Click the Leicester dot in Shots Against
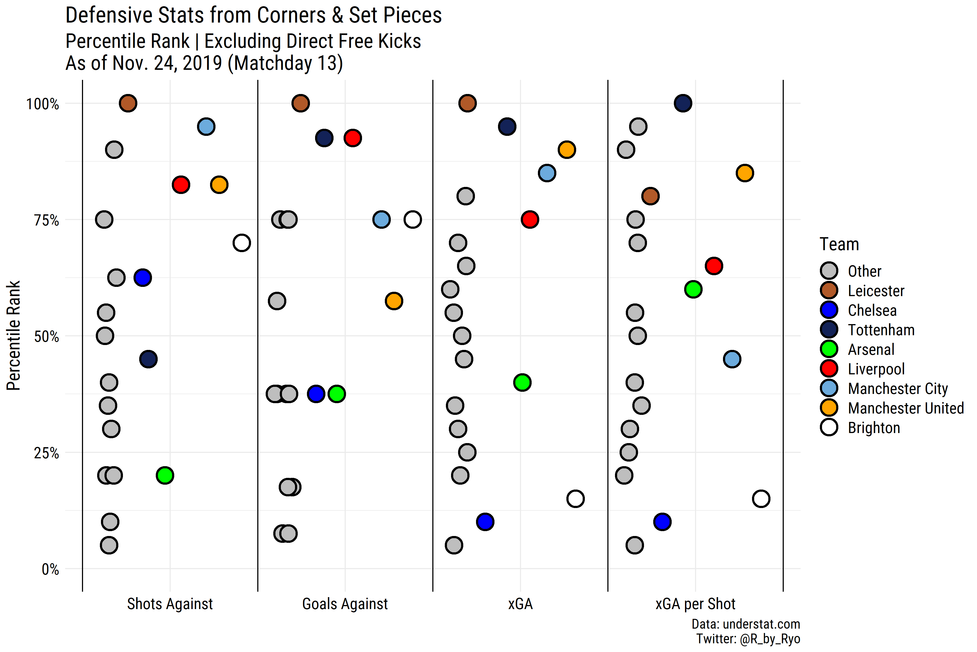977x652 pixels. point(128,103)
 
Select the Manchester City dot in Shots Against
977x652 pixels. point(206,126)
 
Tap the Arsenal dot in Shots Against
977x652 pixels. point(165,475)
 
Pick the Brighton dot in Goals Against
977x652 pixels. point(413,220)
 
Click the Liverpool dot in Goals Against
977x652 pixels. point(353,138)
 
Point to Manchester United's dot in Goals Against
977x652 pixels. point(394,301)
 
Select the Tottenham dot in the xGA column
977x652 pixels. point(507,126)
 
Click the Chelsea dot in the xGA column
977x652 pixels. point(485,522)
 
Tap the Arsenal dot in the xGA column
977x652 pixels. point(522,383)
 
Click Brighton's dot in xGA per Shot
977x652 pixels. point(761,499)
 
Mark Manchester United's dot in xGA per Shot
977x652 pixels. point(745,173)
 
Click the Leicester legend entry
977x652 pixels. point(876,291)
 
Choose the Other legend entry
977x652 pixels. point(864,271)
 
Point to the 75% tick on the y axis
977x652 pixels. point(46,220)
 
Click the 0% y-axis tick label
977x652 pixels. point(50,569)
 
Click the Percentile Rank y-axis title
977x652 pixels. point(13,336)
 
